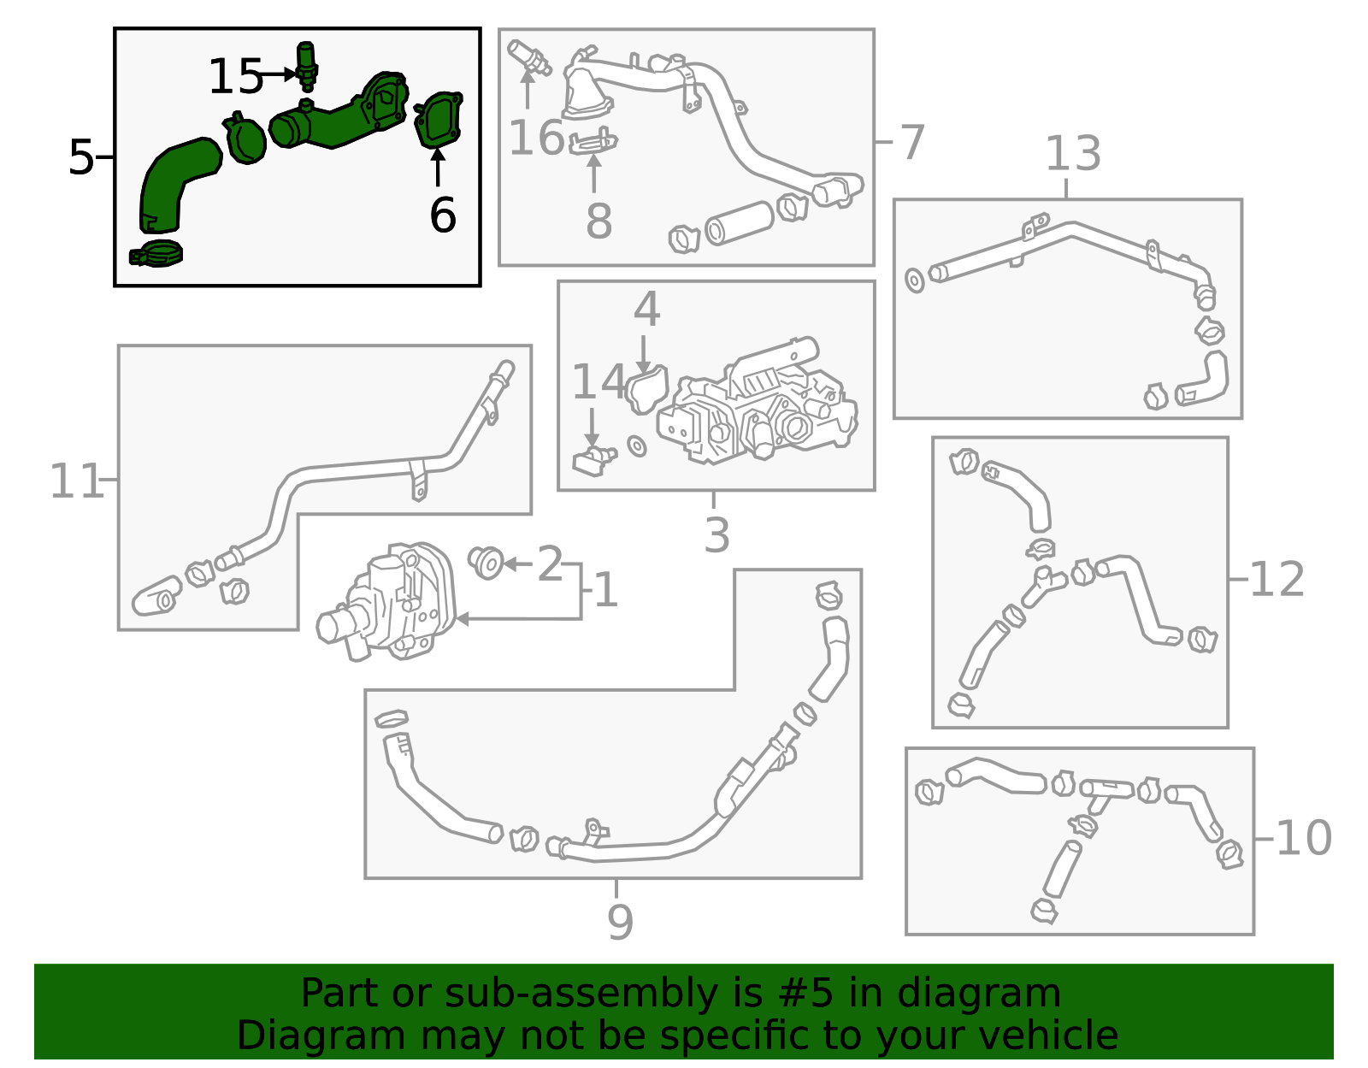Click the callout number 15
click(x=235, y=77)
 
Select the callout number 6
click(x=443, y=215)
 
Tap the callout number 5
click(x=81, y=157)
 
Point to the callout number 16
click(x=536, y=138)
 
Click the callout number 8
click(x=598, y=221)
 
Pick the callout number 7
click(x=912, y=142)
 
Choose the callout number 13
click(x=1073, y=153)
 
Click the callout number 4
click(x=646, y=309)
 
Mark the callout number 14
click(x=598, y=381)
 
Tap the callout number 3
click(x=717, y=534)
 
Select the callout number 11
click(x=75, y=481)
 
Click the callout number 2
click(x=550, y=564)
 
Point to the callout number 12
click(x=1276, y=580)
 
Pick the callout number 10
click(x=1304, y=838)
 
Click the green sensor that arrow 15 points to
click(x=306, y=66)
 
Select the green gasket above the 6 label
click(x=439, y=120)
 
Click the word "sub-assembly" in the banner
click(x=581, y=994)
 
